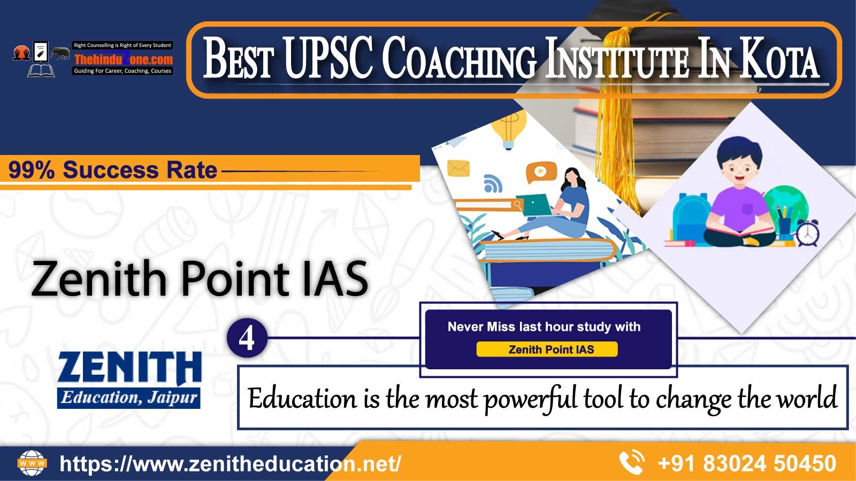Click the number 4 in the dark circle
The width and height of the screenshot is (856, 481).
click(x=247, y=338)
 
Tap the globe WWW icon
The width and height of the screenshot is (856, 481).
click(x=32, y=463)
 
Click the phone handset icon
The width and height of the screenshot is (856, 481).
click(x=632, y=463)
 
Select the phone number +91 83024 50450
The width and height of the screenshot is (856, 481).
click(x=747, y=463)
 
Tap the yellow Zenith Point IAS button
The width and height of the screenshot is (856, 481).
click(x=547, y=350)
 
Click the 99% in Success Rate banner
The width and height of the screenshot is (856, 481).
click(x=32, y=170)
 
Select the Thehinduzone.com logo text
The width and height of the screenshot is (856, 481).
click(x=124, y=59)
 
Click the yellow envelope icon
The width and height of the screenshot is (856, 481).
click(x=458, y=168)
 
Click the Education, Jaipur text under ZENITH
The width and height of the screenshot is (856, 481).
click(x=129, y=398)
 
